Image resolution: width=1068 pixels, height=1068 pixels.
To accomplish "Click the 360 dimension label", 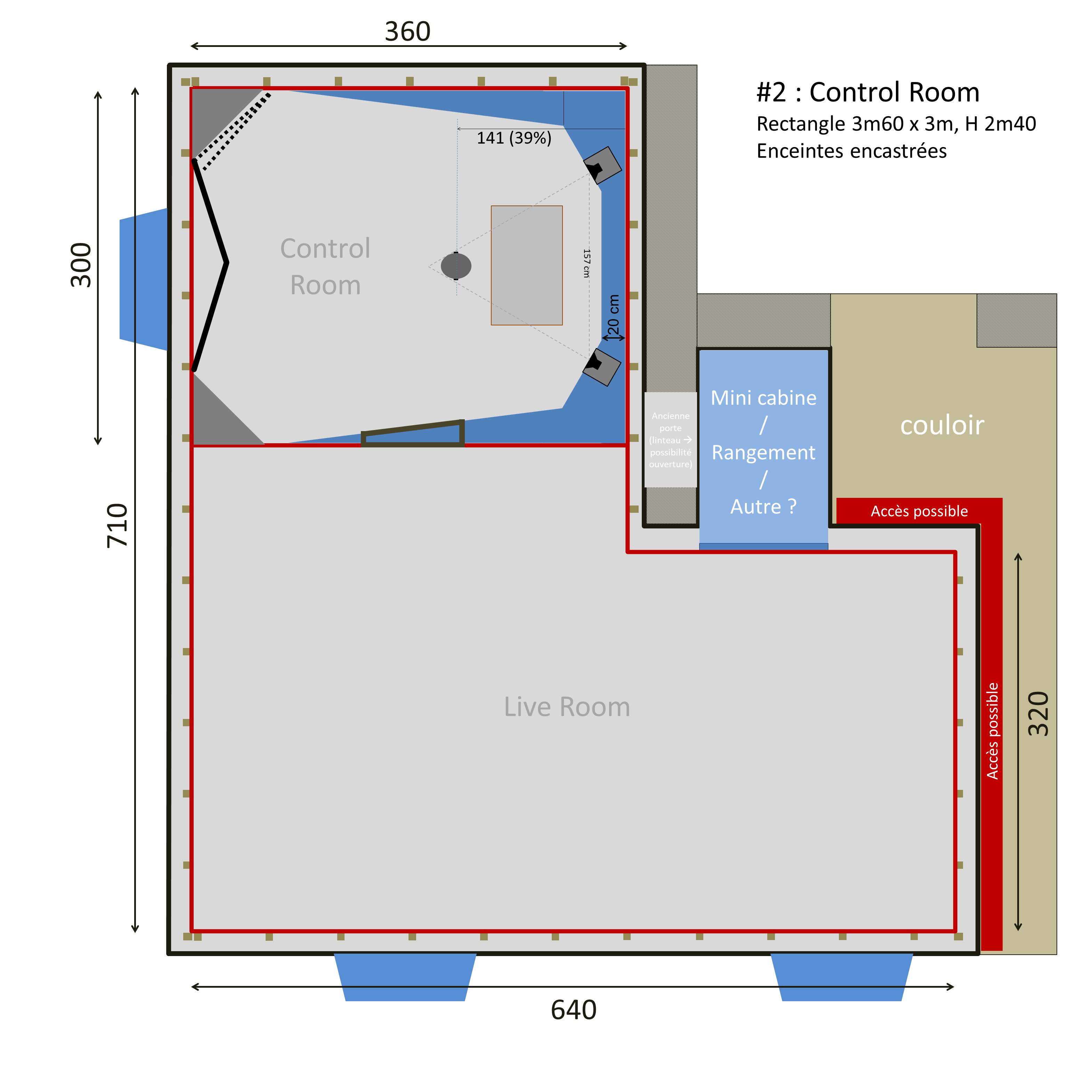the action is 407,32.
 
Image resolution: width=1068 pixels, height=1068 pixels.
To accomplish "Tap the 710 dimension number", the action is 117,526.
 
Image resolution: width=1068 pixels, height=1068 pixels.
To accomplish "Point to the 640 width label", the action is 573,1010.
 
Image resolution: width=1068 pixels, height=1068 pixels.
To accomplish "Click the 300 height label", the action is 81,265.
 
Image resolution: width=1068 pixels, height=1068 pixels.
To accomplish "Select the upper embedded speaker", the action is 602,165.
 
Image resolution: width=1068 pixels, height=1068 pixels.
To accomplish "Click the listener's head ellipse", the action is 456,266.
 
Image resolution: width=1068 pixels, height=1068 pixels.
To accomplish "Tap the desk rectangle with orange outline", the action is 527,265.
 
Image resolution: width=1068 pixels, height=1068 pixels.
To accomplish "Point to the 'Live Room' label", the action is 567,707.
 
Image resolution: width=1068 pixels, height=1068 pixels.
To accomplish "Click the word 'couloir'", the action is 942,425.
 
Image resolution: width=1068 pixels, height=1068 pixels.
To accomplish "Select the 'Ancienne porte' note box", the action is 671,439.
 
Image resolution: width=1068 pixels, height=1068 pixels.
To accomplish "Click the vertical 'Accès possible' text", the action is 993,731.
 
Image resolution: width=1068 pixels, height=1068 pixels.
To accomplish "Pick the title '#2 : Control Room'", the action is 868,92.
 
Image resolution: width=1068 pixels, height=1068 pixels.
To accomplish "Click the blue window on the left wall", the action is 144,279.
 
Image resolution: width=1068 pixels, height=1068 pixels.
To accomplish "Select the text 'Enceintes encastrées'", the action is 851,151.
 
